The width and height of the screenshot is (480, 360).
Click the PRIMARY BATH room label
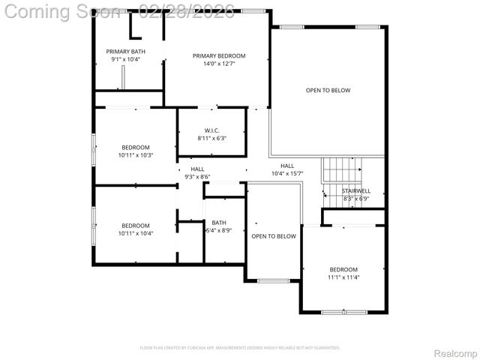click(x=125, y=51)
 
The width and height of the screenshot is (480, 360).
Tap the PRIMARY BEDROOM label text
click(x=218, y=55)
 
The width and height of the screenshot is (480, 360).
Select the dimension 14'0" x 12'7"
click(x=218, y=64)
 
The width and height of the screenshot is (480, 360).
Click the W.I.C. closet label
click(x=211, y=130)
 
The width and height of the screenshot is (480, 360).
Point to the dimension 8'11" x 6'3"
click(x=211, y=138)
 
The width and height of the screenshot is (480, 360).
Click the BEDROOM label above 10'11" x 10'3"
click(x=136, y=147)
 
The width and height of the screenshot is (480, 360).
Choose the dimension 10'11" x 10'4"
click(x=136, y=234)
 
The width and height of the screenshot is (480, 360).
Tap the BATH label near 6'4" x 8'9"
click(x=218, y=222)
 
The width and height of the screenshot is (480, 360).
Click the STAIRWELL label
click(x=356, y=191)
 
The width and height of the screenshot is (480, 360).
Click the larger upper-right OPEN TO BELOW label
click(x=328, y=90)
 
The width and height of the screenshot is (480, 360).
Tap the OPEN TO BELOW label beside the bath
click(x=273, y=236)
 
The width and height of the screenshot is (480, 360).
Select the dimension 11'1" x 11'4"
click(x=344, y=277)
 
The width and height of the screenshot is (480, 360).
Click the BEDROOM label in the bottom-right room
click(x=344, y=269)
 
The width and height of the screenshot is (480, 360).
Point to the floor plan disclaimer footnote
click(x=239, y=348)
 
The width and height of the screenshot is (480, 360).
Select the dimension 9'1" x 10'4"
click(x=125, y=59)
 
